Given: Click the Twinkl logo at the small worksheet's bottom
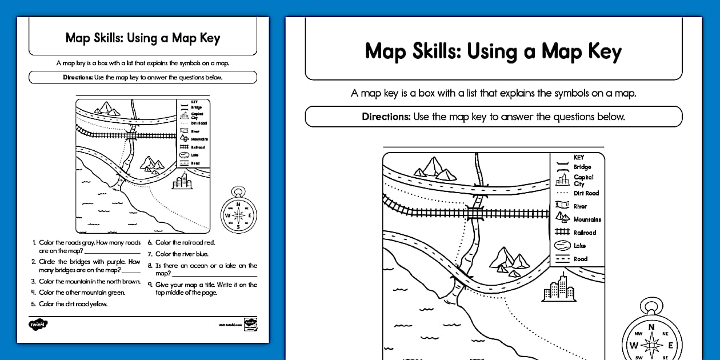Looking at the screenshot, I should point(38,325).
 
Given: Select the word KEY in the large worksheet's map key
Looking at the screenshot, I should point(578,157).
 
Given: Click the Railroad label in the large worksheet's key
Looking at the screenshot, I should point(585,233).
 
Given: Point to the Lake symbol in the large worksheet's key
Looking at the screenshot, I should point(563,246).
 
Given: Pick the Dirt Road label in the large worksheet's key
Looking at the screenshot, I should point(586,193).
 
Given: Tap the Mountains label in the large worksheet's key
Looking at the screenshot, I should point(587,219).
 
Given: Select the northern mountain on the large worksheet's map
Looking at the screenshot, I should point(435,167).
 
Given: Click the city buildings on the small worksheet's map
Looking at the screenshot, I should point(182,182).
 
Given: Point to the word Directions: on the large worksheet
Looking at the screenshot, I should point(386,117).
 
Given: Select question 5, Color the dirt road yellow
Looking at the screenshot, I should point(73,304).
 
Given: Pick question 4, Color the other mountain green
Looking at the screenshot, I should point(82,293).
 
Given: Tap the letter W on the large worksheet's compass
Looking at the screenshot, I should point(634,346).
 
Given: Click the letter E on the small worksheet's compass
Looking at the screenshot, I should point(250,215).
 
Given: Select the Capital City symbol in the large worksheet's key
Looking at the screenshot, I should point(563,180).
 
